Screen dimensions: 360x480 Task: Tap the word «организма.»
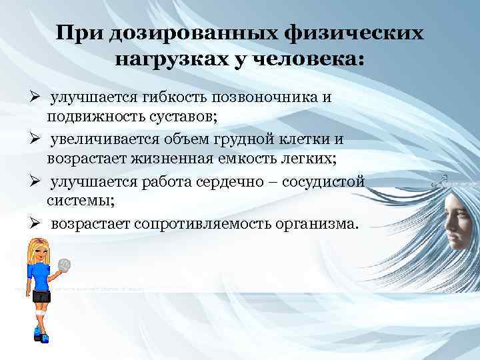coord(313,223)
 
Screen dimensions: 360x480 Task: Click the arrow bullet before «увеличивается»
coord(19,140)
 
